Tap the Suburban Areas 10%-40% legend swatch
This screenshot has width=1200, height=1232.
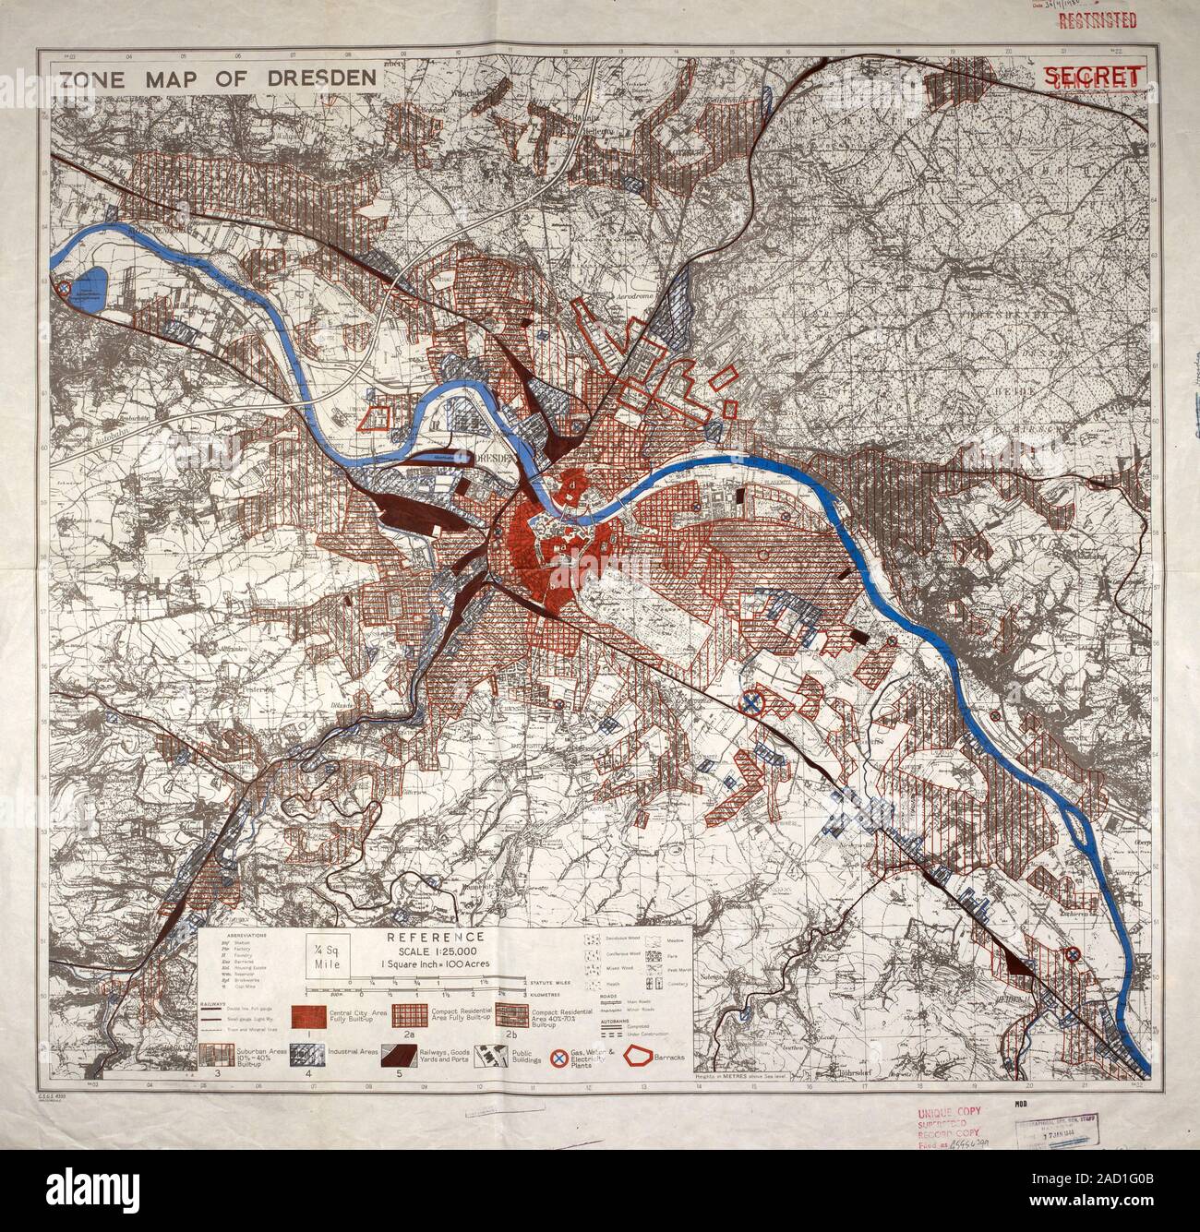(x=222, y=1057)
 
